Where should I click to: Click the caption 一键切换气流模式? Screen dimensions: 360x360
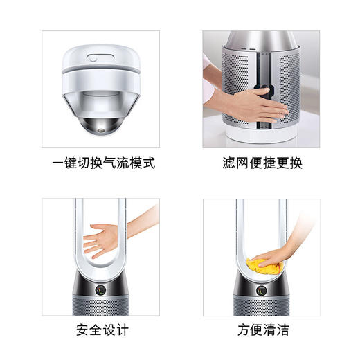(x=103, y=164)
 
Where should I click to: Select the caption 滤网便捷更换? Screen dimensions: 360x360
(x=262, y=164)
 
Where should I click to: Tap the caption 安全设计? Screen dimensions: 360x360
(x=103, y=329)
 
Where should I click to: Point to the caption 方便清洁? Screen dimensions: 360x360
(x=262, y=329)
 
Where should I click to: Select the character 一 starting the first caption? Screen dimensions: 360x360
(x=57, y=164)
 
